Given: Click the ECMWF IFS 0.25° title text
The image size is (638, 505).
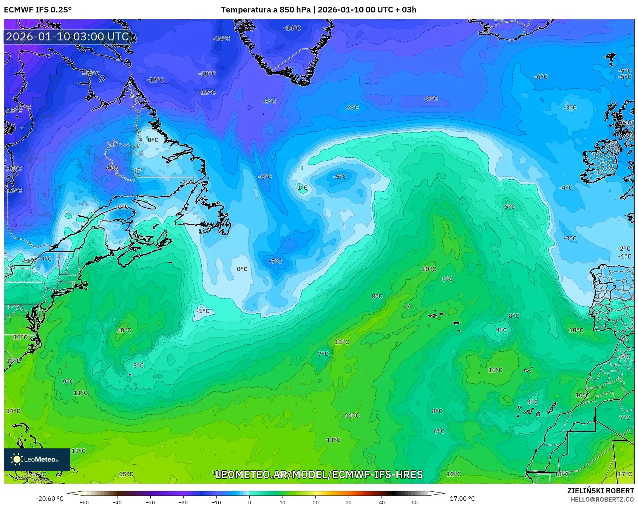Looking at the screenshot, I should coord(37,9).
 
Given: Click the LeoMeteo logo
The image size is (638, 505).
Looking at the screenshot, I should coord(37,459).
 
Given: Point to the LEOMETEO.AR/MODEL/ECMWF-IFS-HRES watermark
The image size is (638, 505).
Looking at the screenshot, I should coord(319,474).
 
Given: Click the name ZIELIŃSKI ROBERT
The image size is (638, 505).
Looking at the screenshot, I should coord(600,491).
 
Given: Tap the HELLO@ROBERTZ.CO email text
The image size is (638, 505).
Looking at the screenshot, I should coord(602,499).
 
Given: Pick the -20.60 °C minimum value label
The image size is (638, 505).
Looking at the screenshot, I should coord(49,499).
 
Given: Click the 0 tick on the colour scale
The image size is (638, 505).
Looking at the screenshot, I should coord(249,502).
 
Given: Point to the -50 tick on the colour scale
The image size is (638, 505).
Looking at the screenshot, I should coord(84,502).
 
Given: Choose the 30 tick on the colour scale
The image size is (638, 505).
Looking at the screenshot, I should coord(348,502).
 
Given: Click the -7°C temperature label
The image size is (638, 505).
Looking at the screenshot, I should coord(275,261).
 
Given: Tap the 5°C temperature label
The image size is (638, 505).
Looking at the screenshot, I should coord(510,206).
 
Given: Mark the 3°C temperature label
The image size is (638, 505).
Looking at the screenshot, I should coord(139,365).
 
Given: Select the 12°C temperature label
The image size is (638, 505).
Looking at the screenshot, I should coord(454,474).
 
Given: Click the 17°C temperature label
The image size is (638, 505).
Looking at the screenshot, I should coord(624,474).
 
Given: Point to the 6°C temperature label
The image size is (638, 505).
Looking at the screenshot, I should coord(439,431).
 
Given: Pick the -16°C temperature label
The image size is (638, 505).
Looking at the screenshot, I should coord(14,190).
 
